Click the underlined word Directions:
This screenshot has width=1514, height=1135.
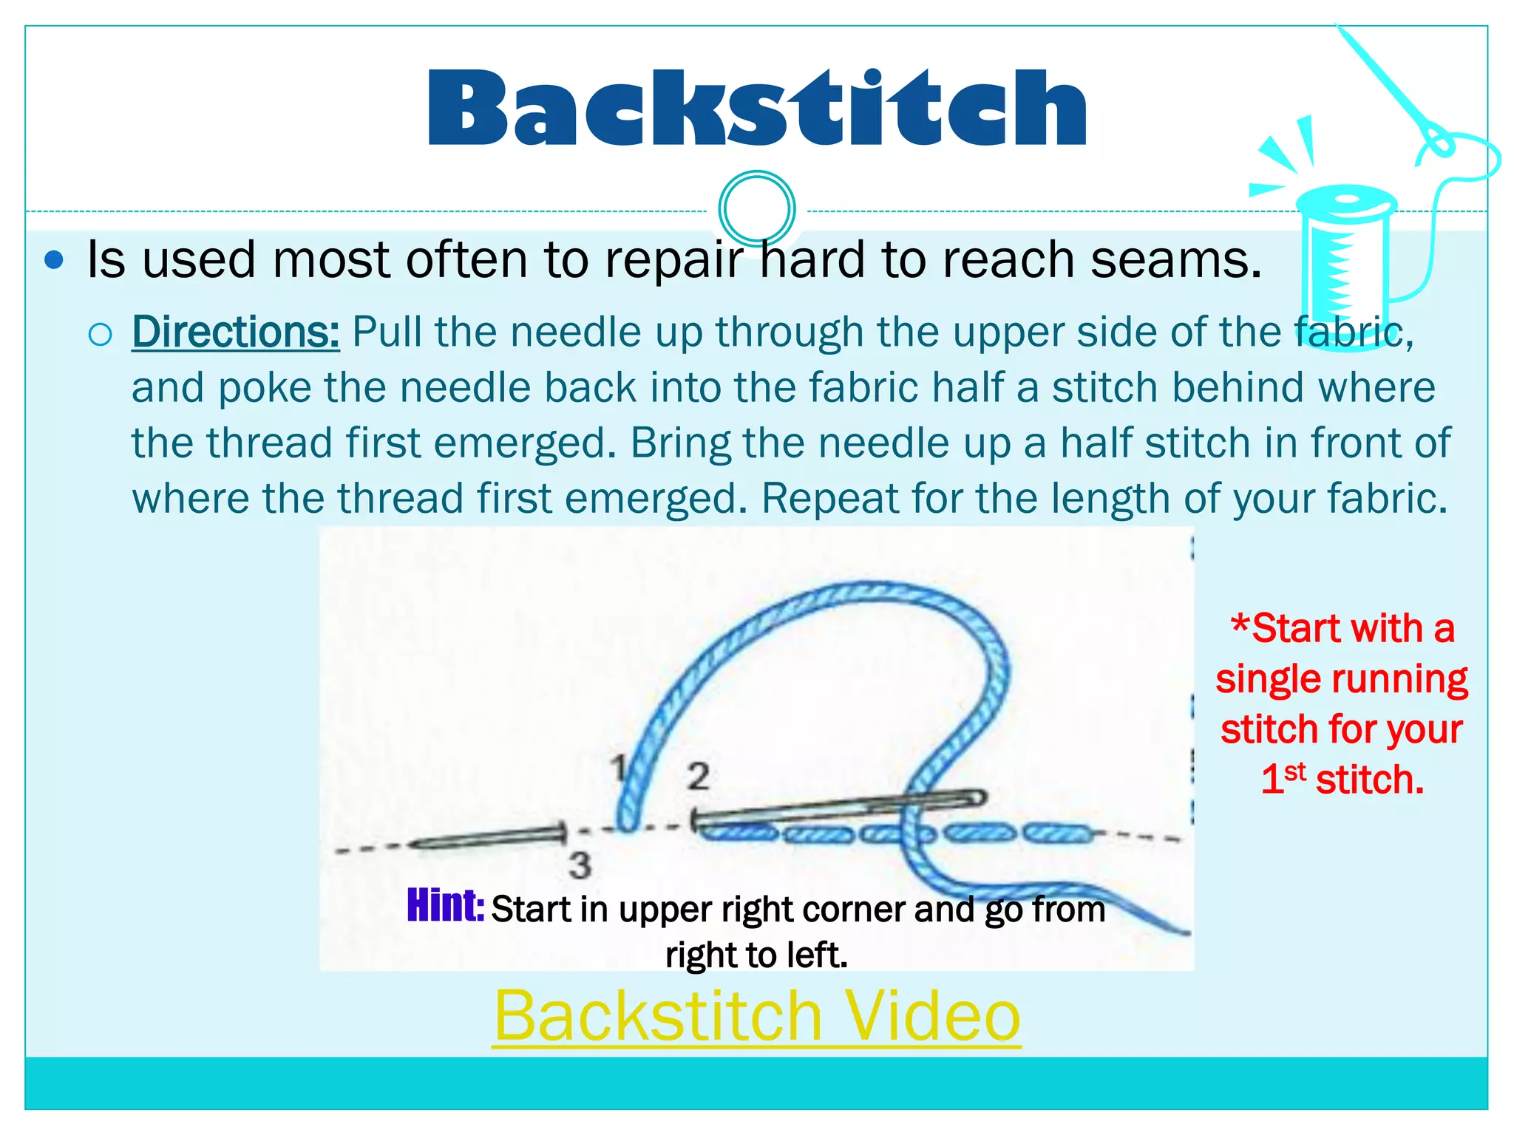pos(236,332)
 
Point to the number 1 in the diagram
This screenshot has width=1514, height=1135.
pos(620,768)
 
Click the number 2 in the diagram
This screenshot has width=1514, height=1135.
pos(698,777)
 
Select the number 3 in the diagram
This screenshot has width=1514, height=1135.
pos(580,865)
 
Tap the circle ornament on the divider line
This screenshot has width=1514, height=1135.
pos(756,208)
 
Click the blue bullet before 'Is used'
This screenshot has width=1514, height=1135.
pos(54,260)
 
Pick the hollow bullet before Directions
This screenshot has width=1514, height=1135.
pos(100,335)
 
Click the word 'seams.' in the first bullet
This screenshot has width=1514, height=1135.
pos(1176,260)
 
